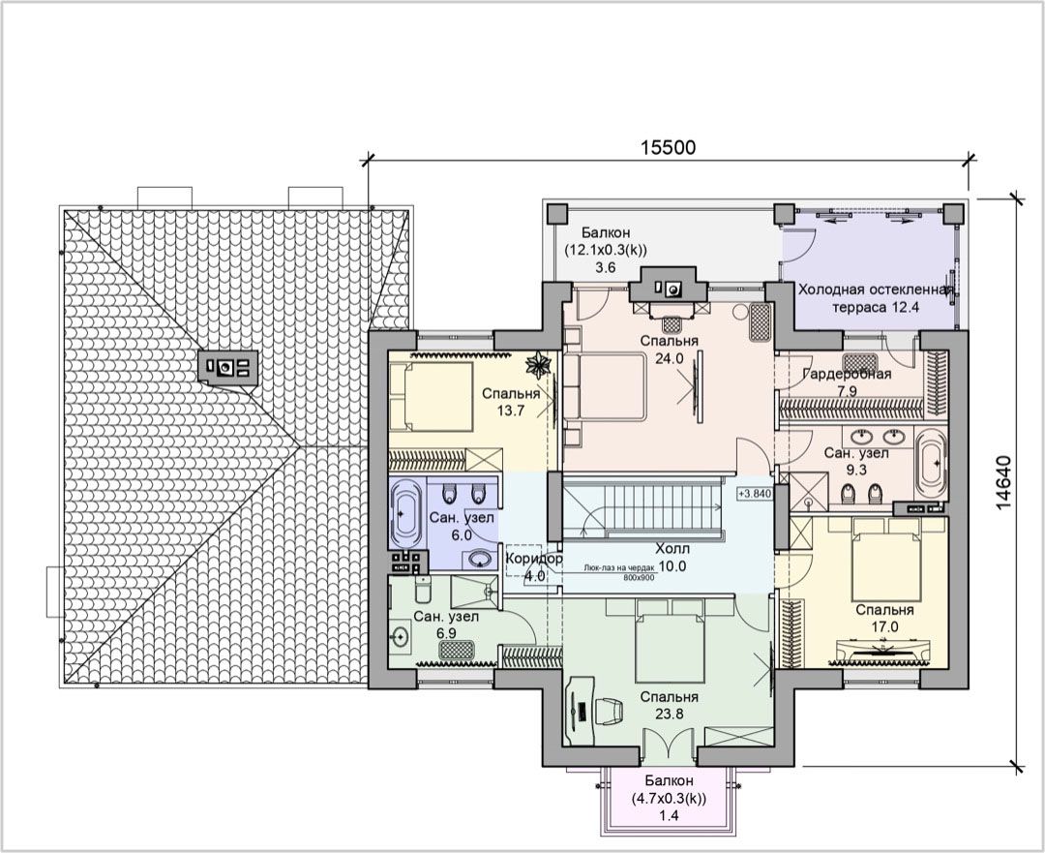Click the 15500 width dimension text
point(668,147)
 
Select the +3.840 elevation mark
point(755,494)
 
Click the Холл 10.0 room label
point(672,558)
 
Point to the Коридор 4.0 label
point(534,566)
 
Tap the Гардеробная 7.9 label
point(847,382)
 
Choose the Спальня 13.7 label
point(511,402)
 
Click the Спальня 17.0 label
point(884,619)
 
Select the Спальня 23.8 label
point(670,705)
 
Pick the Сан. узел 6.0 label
point(462,526)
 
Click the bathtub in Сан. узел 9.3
point(932,464)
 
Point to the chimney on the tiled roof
point(228,367)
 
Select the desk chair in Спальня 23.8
point(610,711)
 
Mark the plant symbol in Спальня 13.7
point(536,365)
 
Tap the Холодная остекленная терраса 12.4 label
point(876,298)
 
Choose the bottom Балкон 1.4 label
point(669,798)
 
